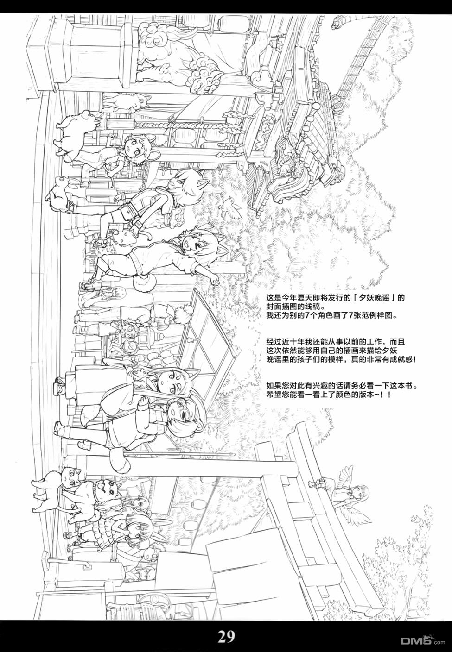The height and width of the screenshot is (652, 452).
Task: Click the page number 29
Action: (x=226, y=637)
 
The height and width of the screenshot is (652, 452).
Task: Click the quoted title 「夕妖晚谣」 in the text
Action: (x=371, y=298)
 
